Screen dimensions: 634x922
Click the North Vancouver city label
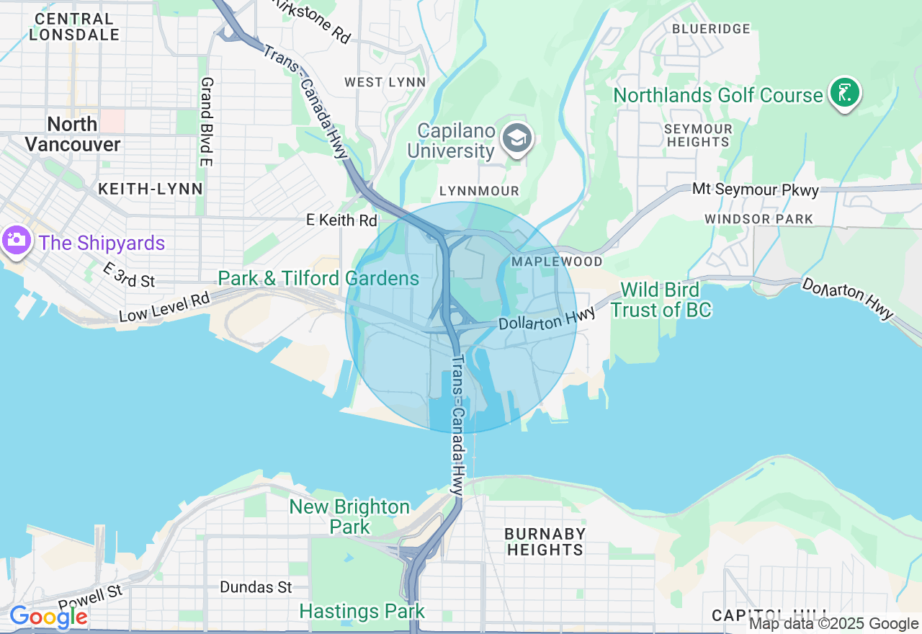click(x=72, y=134)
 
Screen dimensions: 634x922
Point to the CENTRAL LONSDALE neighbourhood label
click(x=73, y=27)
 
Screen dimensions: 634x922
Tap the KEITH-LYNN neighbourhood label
click(x=150, y=189)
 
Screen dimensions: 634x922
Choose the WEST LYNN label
click(x=385, y=82)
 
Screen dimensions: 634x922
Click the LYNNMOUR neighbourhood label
click(x=479, y=191)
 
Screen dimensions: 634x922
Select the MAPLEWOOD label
click(x=556, y=261)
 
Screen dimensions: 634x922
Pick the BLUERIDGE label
click(x=711, y=29)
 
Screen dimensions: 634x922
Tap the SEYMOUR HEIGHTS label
click(x=698, y=135)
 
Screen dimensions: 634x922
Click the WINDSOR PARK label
click(x=758, y=219)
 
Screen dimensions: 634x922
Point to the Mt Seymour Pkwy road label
click(x=756, y=190)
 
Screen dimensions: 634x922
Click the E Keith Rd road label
click(x=341, y=220)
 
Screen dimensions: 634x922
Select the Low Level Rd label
click(x=164, y=307)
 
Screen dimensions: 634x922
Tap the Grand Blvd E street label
click(x=206, y=122)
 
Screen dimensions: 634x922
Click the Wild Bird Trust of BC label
click(x=661, y=300)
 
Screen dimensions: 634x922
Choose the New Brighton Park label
click(x=350, y=517)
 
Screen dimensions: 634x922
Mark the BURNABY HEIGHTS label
click(x=545, y=542)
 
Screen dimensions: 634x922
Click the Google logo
click(x=48, y=617)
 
